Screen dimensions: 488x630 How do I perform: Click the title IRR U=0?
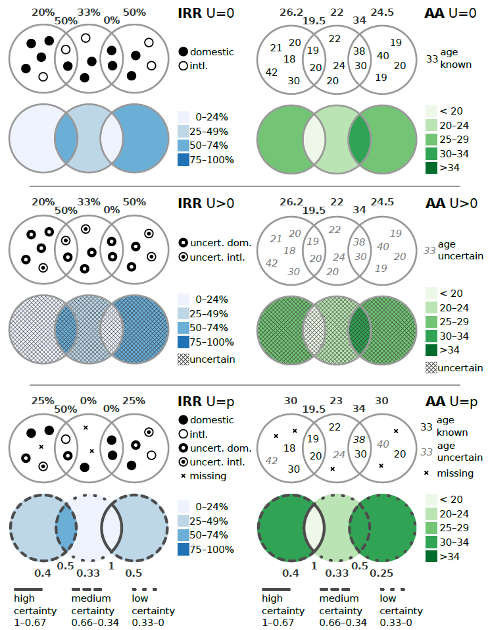pyautogui.click(x=206, y=13)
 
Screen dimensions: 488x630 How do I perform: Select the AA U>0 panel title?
pyautogui.click(x=451, y=203)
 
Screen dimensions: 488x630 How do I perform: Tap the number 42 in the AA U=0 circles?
pyautogui.click(x=272, y=72)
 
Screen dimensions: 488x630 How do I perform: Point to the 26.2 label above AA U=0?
pyautogui.click(x=291, y=13)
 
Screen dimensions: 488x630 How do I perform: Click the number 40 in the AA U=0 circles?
pyautogui.click(x=383, y=56)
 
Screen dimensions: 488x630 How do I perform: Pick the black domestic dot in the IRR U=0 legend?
pyautogui.click(x=183, y=52)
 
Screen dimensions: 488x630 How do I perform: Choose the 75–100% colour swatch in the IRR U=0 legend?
pyautogui.click(x=183, y=159)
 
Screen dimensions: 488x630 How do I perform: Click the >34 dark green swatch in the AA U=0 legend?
pyautogui.click(x=431, y=168)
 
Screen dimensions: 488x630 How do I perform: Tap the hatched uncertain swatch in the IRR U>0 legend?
pyautogui.click(x=183, y=359)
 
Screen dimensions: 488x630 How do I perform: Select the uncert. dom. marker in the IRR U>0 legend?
pyautogui.click(x=183, y=243)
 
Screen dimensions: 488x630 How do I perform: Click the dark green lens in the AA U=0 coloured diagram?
pyautogui.click(x=359, y=139)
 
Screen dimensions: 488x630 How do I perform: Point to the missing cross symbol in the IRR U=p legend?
pyautogui.click(x=183, y=476)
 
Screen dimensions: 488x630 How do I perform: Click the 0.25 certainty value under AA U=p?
pyautogui.click(x=381, y=573)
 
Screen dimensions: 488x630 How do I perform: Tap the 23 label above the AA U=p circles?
pyautogui.click(x=336, y=401)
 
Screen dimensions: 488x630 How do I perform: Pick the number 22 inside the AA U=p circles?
pyautogui.click(x=335, y=427)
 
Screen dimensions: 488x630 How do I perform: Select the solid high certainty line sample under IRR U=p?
pyautogui.click(x=28, y=589)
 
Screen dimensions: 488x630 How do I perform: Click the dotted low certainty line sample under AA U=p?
pyautogui.click(x=393, y=589)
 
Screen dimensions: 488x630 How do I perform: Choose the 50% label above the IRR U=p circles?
pyautogui.click(x=66, y=409)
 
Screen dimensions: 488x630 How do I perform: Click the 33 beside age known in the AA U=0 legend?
pyautogui.click(x=432, y=59)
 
